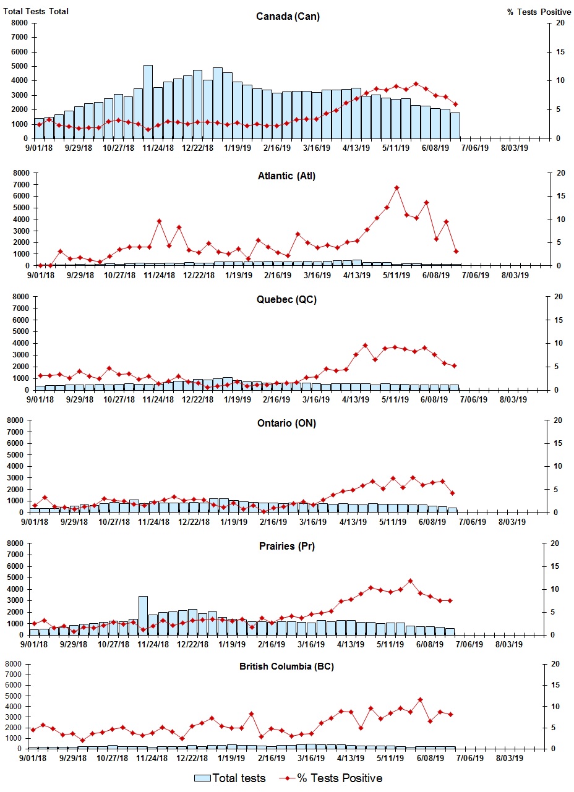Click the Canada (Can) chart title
point(288,16)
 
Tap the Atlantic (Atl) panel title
point(286,176)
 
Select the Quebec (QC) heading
point(286,300)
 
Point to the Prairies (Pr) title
point(286,546)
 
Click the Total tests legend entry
point(230,778)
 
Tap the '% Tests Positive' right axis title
point(539,12)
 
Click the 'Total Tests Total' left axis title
point(35,11)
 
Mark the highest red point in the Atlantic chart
point(396,187)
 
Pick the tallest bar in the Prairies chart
point(143,615)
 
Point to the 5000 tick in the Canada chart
point(19,66)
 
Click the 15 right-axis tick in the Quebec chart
point(559,320)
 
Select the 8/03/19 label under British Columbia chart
point(510,758)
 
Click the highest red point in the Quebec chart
point(366,345)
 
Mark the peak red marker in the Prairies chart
point(410,581)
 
